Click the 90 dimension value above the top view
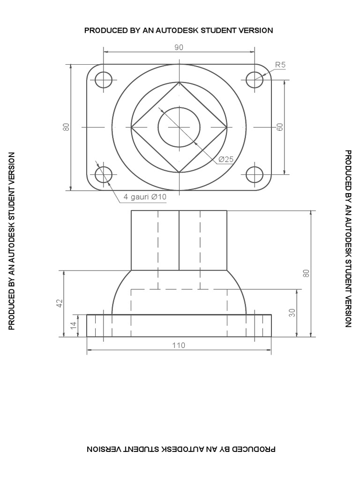coord(179,47)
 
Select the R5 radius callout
coord(280,65)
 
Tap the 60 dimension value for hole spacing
coord(280,127)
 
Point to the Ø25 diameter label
coord(225,159)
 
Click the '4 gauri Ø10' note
coord(145,197)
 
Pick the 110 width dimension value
coord(179,345)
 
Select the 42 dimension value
coord(60,303)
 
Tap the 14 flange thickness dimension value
coord(74,325)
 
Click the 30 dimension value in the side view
coord(292,313)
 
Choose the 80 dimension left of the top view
coord(66,127)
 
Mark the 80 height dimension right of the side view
coord(306,273)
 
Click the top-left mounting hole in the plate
coord(104,80)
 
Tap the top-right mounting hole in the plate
coord(255,80)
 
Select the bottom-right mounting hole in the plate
coord(255,174)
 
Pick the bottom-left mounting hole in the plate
coord(104,174)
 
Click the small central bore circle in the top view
coord(179,127)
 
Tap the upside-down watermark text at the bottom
coord(181,449)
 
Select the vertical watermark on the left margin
coord(12,241)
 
